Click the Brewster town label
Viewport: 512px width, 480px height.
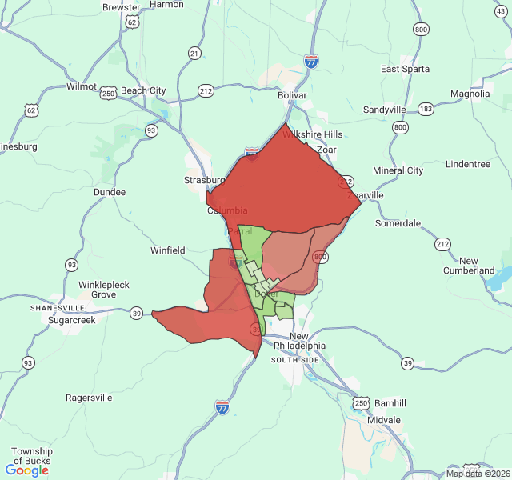120,7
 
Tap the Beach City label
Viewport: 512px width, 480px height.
144,91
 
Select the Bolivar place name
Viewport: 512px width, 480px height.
292,95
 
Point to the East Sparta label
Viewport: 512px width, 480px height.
405,69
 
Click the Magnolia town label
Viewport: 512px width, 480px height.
470,94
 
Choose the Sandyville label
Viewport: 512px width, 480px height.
385,110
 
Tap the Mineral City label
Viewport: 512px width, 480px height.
398,170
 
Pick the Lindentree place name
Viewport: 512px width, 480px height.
468,164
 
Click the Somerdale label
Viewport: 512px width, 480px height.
398,223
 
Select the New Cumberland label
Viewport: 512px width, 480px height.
469,266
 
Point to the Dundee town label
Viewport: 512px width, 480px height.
110,192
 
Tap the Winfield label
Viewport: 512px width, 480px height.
168,250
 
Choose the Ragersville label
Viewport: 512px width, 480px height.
89,398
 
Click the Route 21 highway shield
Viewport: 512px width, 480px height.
194,54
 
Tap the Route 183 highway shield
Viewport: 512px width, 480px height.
426,108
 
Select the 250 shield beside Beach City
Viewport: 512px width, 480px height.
109,94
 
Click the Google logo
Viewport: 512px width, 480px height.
27,470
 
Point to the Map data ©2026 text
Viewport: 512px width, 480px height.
477,474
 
